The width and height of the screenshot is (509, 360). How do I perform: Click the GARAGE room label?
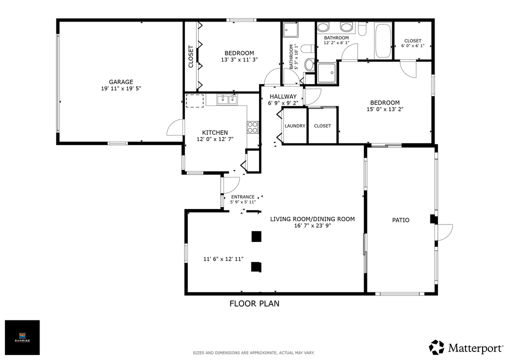[121, 82]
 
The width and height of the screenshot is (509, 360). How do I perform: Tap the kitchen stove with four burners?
[252, 127]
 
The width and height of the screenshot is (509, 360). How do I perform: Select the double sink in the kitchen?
[226, 100]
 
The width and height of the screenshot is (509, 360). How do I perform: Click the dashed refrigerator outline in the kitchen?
[195, 100]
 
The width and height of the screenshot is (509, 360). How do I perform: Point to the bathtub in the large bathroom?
[383, 40]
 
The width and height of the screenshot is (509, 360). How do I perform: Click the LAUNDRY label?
[294, 126]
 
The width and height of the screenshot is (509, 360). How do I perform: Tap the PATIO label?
[400, 220]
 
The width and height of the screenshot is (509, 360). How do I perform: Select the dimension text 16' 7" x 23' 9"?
[312, 226]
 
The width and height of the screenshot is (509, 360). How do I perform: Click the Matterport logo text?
[474, 347]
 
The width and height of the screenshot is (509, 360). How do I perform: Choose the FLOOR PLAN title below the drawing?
[254, 303]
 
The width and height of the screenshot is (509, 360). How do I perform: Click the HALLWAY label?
[283, 96]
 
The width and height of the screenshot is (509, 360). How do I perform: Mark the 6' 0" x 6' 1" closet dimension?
[412, 46]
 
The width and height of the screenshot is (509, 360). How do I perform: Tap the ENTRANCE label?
[242, 196]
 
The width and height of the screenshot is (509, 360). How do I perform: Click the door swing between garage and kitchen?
[175, 128]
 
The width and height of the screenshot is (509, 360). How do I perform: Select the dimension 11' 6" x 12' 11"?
[223, 259]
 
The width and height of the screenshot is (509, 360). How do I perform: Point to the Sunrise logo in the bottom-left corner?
[22, 337]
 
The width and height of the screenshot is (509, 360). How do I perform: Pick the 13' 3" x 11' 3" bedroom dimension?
[239, 60]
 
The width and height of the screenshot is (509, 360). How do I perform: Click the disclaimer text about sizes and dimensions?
[254, 353]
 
